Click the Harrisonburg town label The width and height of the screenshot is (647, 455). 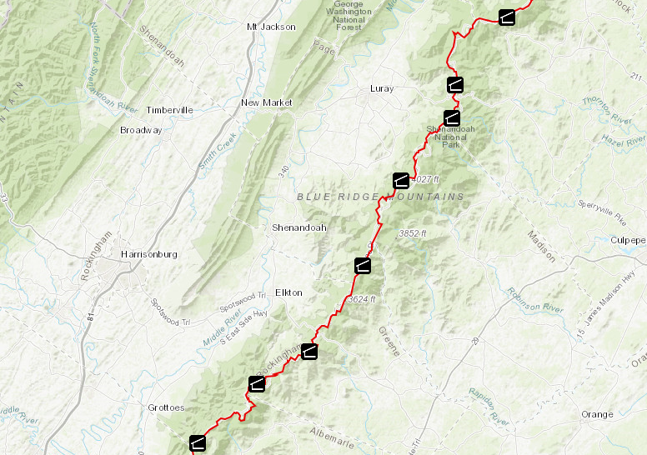point(149,254)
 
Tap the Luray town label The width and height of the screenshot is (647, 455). point(381,88)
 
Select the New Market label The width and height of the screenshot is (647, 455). point(267,102)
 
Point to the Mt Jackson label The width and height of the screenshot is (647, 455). point(271,27)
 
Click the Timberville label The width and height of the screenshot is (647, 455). point(169,110)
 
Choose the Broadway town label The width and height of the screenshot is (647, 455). point(141,130)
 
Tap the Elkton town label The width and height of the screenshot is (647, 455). point(288,292)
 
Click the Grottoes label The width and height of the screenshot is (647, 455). point(166,407)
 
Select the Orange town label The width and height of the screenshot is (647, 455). point(597,414)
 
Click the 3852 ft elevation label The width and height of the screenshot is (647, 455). point(412,233)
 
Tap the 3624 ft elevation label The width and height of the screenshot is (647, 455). point(362,299)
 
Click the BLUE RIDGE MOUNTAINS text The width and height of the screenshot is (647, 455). point(380,197)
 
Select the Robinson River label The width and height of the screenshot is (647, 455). point(536,305)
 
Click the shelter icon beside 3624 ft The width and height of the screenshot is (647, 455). point(363,266)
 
